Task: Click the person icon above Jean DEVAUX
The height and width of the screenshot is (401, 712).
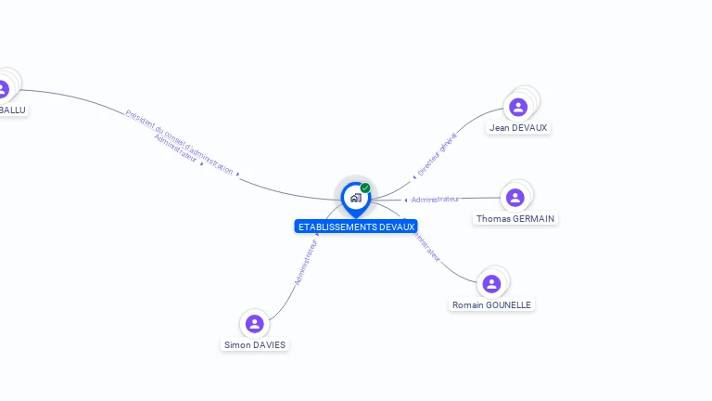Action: click(x=518, y=107)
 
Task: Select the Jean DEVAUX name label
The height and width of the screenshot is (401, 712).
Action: click(x=519, y=127)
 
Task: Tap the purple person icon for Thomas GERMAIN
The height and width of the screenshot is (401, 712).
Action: click(x=515, y=197)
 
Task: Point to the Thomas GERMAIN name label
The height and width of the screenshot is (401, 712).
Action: click(x=515, y=219)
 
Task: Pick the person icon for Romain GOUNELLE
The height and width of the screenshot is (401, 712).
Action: click(x=492, y=283)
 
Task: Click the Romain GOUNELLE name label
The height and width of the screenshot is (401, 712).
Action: click(x=492, y=304)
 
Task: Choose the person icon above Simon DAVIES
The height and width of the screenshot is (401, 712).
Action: click(x=255, y=323)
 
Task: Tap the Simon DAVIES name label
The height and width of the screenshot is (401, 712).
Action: click(x=255, y=344)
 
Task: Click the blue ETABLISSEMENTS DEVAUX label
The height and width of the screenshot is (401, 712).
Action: click(x=356, y=226)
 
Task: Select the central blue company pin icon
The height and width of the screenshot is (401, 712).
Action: click(x=355, y=198)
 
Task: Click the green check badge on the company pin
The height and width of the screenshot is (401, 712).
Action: click(x=365, y=188)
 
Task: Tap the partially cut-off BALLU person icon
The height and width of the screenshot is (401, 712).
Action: click(x=3, y=89)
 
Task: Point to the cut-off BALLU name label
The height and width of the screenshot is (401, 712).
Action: click(x=12, y=110)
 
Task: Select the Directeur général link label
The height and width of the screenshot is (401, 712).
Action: click(x=437, y=155)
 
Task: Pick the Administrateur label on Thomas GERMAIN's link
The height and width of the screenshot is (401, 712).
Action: click(x=436, y=199)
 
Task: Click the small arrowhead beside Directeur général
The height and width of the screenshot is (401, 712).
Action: click(x=414, y=176)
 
